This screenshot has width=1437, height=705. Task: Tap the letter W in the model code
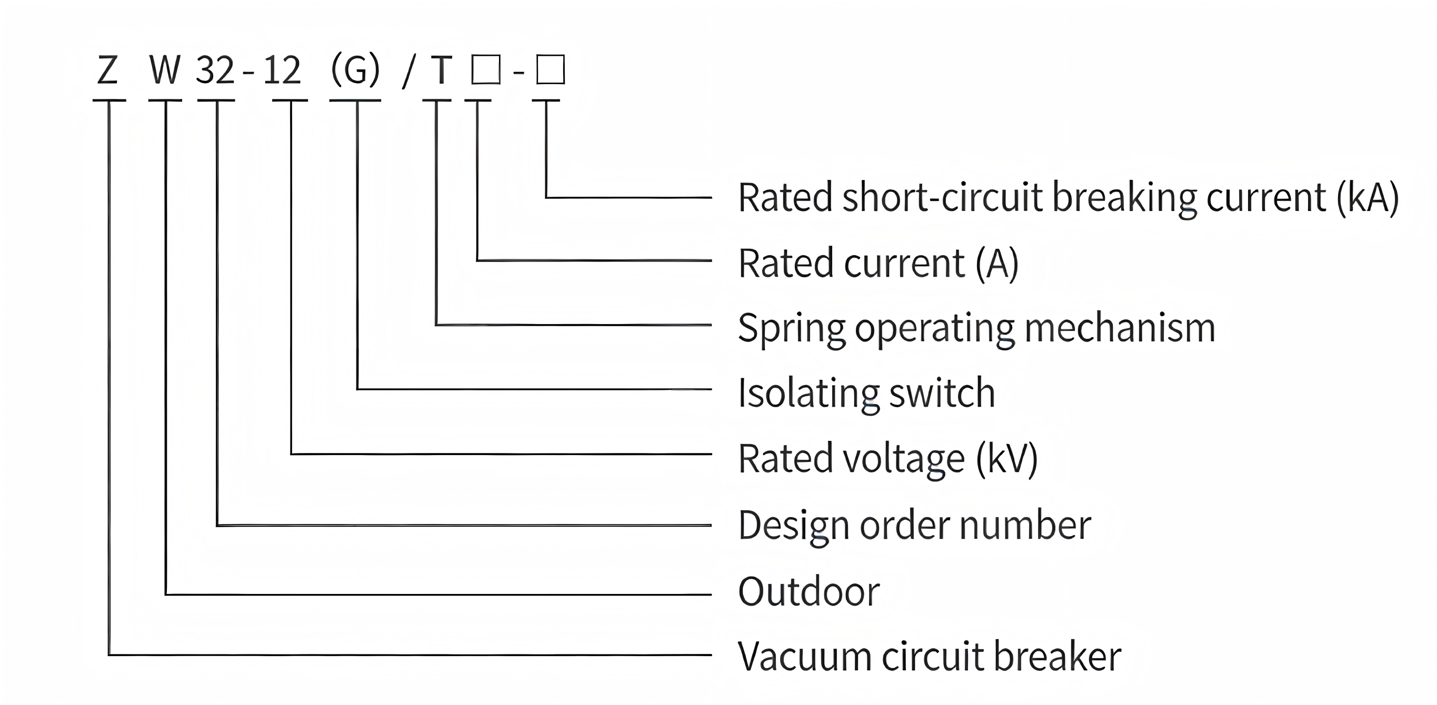point(165,71)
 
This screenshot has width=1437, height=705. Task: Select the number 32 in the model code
point(215,71)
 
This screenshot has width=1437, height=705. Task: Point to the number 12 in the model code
point(282,71)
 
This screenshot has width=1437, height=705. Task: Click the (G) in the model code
point(355,71)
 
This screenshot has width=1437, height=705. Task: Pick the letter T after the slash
point(441,71)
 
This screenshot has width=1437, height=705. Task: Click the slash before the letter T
point(409,73)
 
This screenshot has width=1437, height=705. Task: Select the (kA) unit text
point(1368,197)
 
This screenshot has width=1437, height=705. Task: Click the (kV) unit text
point(1007,459)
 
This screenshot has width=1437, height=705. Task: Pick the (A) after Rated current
point(997,263)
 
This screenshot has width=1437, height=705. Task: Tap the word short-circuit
point(942,197)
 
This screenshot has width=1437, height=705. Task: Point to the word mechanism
point(1120,328)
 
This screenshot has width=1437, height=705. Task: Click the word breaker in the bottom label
point(1057,657)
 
